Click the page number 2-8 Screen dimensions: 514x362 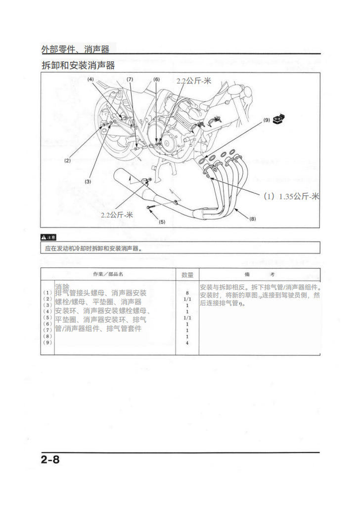pyautogui.click(x=50, y=459)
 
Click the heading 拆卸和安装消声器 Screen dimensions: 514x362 pyautogui.click(x=78, y=65)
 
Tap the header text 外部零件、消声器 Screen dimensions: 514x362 pyautogui.click(x=75, y=49)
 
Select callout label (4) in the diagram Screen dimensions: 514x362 pyautogui.click(x=91, y=79)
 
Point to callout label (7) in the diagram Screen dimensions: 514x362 pyautogui.click(x=130, y=79)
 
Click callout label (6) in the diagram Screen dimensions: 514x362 pyautogui.click(x=156, y=79)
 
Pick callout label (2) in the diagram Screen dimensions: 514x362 pyautogui.click(x=67, y=160)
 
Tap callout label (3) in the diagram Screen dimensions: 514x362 pyautogui.click(x=88, y=181)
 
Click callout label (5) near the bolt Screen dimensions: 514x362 pyautogui.click(x=162, y=222)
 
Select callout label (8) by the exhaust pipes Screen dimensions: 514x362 pyautogui.click(x=252, y=218)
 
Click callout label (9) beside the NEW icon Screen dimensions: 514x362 pyautogui.click(x=267, y=120)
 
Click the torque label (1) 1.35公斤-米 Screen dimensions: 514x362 pyautogui.click(x=291, y=196)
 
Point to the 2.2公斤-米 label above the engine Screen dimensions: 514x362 pyautogui.click(x=194, y=81)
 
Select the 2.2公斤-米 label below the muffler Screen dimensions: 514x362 pyautogui.click(x=117, y=214)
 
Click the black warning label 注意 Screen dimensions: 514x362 pyautogui.click(x=48, y=237)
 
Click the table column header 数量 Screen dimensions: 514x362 pyautogui.click(x=187, y=274)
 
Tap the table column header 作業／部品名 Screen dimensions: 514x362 pyautogui.click(x=108, y=274)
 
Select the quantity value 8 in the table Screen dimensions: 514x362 pyautogui.click(x=187, y=293)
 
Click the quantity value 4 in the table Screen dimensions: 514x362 pyautogui.click(x=187, y=343)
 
